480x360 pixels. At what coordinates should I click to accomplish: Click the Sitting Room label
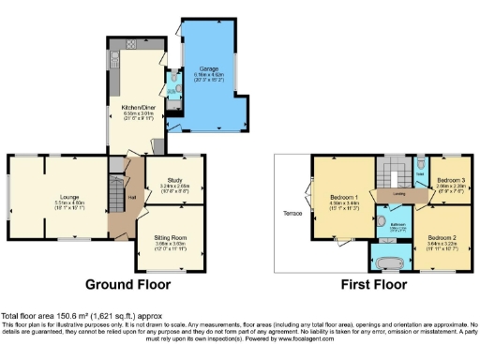tap(170, 238)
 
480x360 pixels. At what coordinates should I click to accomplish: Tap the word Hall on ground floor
tap(132, 197)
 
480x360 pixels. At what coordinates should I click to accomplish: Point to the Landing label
tap(398, 194)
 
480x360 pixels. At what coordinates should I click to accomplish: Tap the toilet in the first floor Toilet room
tap(421, 162)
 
